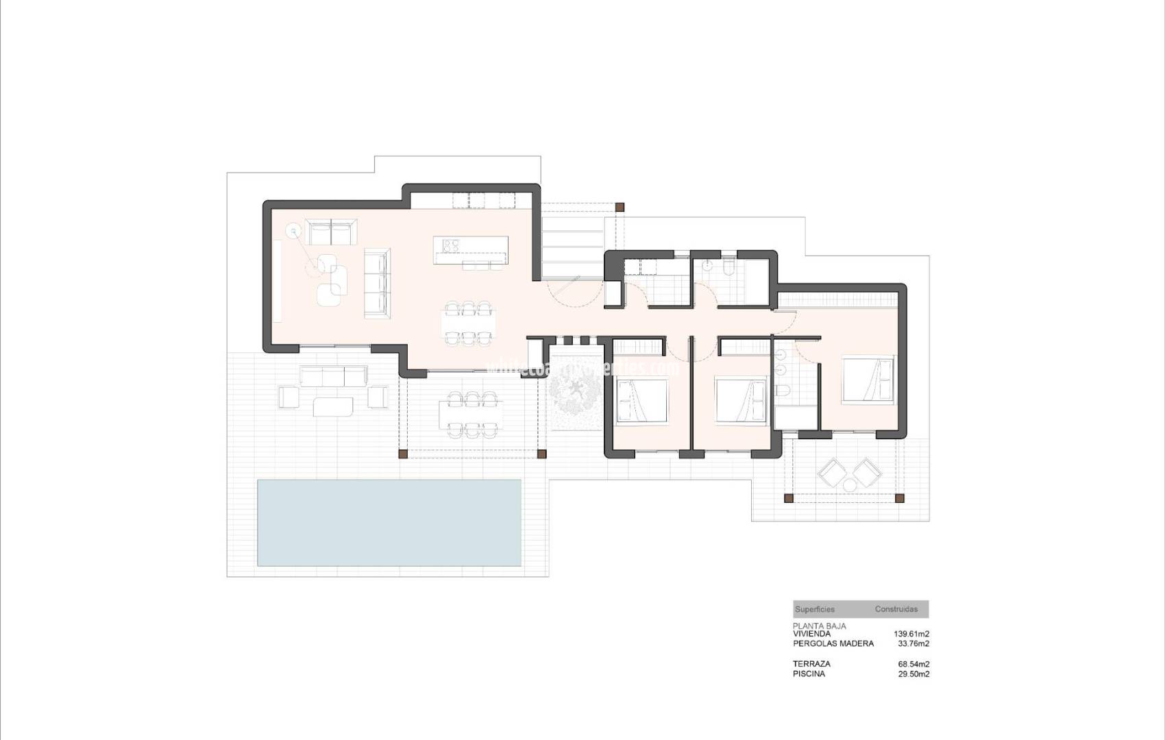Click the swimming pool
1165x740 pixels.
tap(389, 523)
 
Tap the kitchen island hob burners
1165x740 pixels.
tap(451, 245)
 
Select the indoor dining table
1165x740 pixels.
tap(469, 323)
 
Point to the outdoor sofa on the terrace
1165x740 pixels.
tap(332, 376)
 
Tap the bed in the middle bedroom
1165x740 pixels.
tap(741, 400)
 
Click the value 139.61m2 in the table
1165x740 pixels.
tap(911, 634)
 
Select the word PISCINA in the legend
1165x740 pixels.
tap(809, 674)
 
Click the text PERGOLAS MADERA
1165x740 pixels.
tap(833, 644)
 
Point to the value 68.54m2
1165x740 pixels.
tap(913, 664)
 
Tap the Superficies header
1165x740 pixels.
tap(814, 609)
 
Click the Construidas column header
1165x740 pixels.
tap(896, 609)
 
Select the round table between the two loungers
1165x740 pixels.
tap(850, 485)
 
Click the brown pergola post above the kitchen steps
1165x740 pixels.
tap(620, 206)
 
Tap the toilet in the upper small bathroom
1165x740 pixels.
tap(728, 266)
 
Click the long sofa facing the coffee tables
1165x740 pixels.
tap(376, 283)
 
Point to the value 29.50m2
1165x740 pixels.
tap(913, 674)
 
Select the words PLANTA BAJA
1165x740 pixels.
tap(819, 626)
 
